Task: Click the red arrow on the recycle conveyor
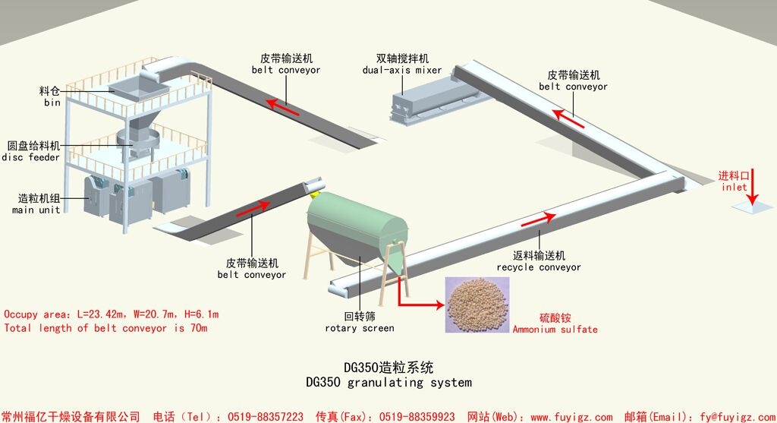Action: (x=537, y=219)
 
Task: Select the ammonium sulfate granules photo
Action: (x=477, y=303)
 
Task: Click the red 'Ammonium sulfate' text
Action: (x=555, y=329)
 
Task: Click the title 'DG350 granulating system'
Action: (x=388, y=381)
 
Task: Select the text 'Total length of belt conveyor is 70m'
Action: (x=105, y=328)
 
